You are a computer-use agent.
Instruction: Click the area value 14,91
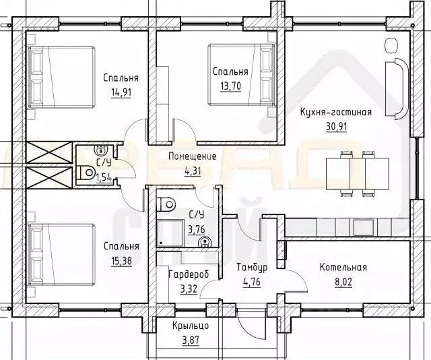[121, 92]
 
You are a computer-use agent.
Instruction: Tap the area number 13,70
[230, 86]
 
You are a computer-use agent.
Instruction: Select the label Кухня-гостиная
[336, 112]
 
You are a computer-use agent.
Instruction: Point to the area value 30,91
[337, 127]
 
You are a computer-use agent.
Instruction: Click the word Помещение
[193, 156]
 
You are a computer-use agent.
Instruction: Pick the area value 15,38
[121, 261]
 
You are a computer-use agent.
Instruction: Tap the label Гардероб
[189, 274]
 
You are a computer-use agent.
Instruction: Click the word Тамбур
[252, 267]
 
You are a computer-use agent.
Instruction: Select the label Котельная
[343, 267]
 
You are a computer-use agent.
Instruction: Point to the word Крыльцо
[191, 326]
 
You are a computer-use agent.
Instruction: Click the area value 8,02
[343, 282]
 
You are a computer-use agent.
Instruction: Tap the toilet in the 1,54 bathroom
[85, 173]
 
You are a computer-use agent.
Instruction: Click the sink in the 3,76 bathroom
[205, 242]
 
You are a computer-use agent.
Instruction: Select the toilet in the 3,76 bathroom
[166, 204]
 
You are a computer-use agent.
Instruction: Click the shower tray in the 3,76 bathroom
[170, 233]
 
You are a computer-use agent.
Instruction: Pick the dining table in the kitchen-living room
[358, 174]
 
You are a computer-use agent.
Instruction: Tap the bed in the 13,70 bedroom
[242, 74]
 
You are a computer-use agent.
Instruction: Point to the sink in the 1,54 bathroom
[100, 150]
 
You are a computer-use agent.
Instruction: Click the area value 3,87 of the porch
[191, 340]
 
